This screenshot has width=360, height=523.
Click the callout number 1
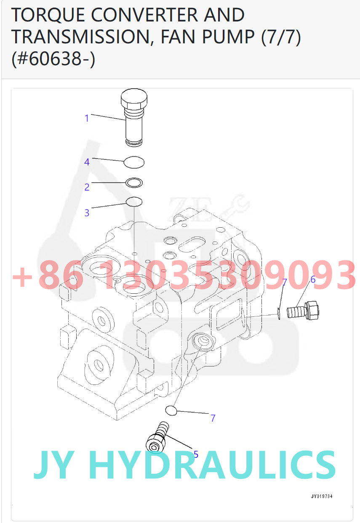pos(87,118)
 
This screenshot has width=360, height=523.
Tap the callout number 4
pos(87,162)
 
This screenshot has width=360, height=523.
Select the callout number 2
pos(87,187)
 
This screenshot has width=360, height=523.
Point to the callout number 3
pos(87,212)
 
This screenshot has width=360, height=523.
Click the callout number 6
pos(313,279)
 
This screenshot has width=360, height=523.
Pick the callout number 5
pos(196,454)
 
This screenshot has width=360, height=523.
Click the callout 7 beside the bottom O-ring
pos(213,418)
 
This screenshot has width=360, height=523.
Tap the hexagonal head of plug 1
pos(134,99)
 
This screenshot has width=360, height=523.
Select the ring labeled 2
pos(134,183)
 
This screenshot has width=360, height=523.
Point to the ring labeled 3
pos(134,202)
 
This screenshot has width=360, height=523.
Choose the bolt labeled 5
pos(157,437)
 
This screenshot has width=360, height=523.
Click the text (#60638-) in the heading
pos(53,58)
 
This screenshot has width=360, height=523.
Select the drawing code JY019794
pos(322,496)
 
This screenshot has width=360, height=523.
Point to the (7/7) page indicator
pos(281,37)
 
